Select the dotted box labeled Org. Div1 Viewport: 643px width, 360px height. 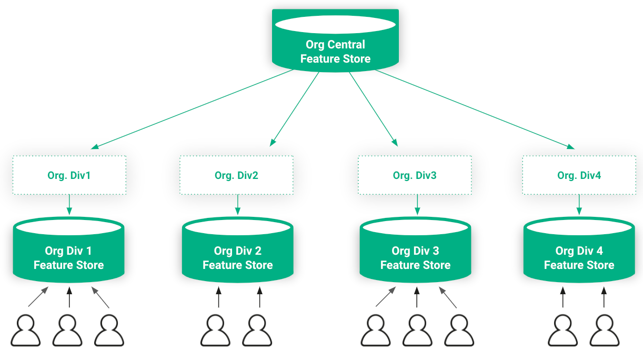[x=69, y=175]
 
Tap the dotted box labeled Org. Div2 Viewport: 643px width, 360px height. [x=237, y=175]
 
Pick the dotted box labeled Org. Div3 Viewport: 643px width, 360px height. [x=415, y=175]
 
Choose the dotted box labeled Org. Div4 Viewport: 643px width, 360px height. [x=579, y=175]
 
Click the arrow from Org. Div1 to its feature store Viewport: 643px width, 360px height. [x=69, y=205]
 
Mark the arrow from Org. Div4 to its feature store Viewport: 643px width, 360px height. [x=579, y=205]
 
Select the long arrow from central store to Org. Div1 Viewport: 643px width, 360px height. [x=192, y=109]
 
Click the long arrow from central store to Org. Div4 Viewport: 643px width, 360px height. [x=475, y=109]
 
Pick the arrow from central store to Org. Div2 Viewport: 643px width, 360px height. [x=294, y=109]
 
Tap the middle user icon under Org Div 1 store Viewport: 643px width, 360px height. [x=67, y=330]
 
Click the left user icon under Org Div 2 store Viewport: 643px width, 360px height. [x=215, y=330]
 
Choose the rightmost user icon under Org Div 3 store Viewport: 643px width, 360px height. [x=459, y=330]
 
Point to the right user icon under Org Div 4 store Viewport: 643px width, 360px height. [x=605, y=330]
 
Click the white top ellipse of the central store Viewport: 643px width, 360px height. [x=335, y=24]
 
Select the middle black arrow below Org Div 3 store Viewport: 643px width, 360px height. [x=417, y=297]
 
